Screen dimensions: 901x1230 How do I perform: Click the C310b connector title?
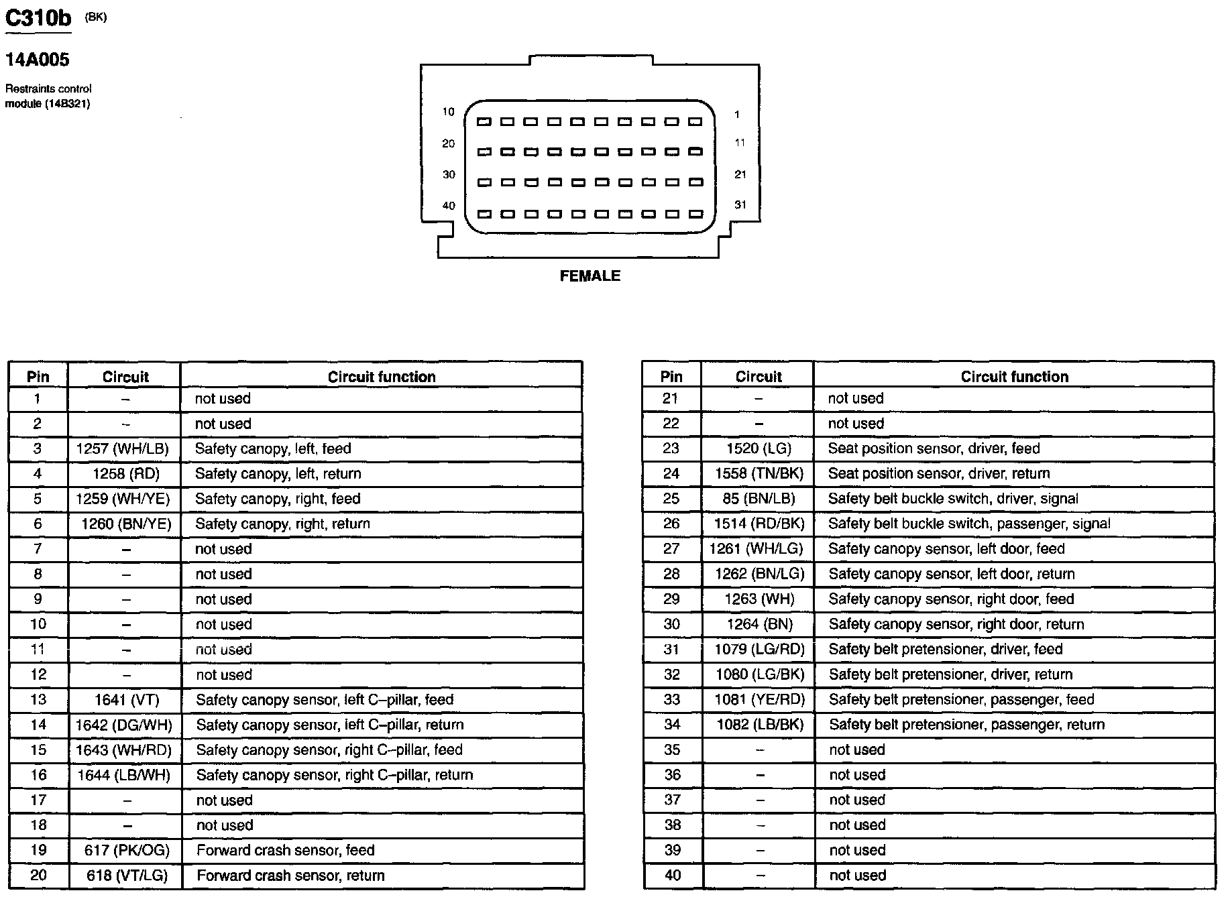[38, 17]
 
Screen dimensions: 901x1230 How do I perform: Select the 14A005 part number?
[38, 60]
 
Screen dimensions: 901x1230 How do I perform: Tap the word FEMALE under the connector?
[590, 276]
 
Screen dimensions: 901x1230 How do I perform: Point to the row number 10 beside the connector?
[448, 112]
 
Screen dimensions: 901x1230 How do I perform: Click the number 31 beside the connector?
[740, 204]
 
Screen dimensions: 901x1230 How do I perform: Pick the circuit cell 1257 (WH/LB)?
[123, 448]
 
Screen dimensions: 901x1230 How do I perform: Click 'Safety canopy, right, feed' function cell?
[278, 499]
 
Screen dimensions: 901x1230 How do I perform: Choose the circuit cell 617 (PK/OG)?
[127, 850]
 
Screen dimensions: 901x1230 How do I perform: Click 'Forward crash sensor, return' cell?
[290, 876]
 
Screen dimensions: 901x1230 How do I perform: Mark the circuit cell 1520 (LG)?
[759, 448]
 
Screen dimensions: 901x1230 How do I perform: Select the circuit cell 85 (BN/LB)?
[759, 499]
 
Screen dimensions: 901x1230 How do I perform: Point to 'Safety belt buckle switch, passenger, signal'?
[969, 524]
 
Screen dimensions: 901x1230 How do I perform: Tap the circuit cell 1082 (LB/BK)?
[760, 725]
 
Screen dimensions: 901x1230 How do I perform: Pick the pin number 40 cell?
[672, 876]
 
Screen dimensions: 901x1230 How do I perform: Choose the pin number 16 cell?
[38, 775]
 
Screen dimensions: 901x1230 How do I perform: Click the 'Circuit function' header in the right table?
[1014, 377]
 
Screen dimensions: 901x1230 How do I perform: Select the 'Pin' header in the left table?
[38, 377]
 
